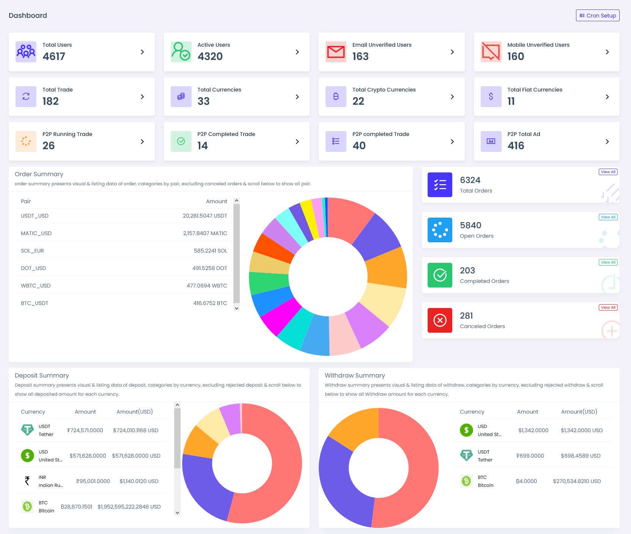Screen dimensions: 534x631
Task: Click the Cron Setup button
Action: (x=598, y=16)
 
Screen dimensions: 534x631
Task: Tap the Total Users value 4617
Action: (x=54, y=57)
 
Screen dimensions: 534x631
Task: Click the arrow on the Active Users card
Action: (x=297, y=52)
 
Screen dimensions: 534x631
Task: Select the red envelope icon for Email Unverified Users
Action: (x=336, y=52)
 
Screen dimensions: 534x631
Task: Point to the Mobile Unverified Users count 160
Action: (x=516, y=57)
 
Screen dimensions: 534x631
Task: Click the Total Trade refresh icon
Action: (x=26, y=96)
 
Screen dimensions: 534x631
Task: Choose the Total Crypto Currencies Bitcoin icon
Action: (x=336, y=96)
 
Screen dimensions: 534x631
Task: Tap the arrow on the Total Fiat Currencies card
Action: (x=607, y=97)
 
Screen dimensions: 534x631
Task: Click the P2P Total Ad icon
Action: (x=491, y=141)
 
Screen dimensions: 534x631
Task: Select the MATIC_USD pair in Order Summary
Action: (x=36, y=233)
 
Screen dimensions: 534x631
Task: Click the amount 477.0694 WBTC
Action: (x=207, y=286)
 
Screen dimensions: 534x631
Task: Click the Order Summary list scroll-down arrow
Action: (x=237, y=308)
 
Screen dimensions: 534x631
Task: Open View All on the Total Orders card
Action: (x=608, y=172)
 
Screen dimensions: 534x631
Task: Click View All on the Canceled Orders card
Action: (x=608, y=308)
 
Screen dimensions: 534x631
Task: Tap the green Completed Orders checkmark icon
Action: (x=440, y=275)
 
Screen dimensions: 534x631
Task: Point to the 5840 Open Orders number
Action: (x=470, y=225)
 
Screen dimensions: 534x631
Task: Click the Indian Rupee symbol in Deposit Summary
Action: (x=27, y=481)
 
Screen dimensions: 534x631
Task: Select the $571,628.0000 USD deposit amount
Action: (x=136, y=456)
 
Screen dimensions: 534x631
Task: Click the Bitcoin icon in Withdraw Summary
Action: (x=466, y=481)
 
